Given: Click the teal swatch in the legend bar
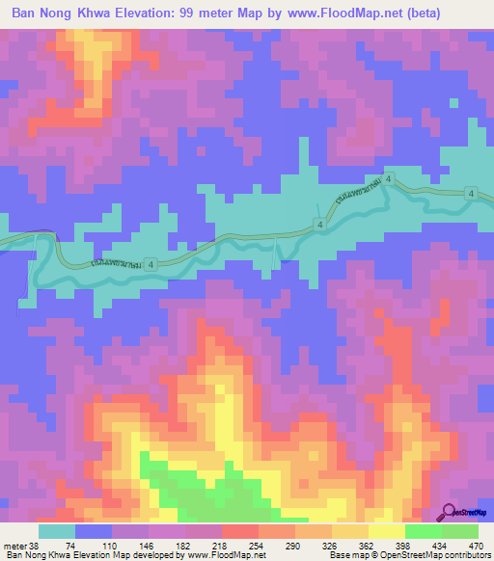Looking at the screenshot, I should (x=57, y=530).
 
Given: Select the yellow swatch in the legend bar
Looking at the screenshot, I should (x=386, y=530).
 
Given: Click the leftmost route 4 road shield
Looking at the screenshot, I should (x=317, y=224).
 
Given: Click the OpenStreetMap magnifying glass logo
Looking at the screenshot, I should (x=449, y=512).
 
